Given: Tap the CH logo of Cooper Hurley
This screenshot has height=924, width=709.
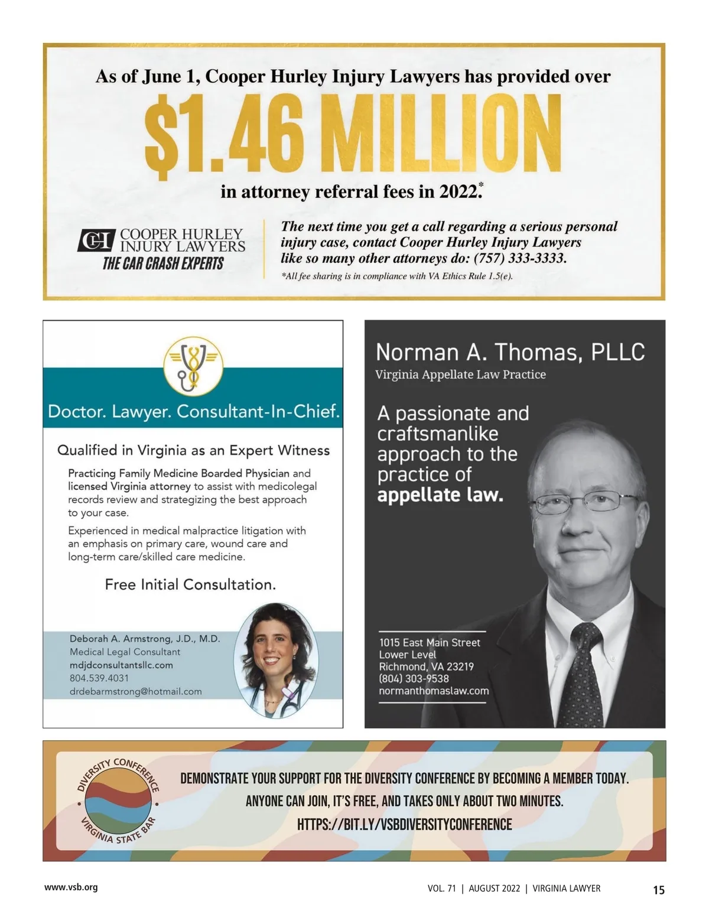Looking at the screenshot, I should (95, 240).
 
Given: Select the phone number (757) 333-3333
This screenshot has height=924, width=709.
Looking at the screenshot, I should (520, 258).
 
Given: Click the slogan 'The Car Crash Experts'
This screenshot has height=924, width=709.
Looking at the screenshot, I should (163, 263).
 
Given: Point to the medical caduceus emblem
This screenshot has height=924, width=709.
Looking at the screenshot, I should (193, 366).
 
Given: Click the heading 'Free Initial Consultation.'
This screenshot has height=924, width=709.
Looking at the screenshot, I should (190, 584).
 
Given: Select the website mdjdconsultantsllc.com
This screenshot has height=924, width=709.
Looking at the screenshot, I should (121, 665).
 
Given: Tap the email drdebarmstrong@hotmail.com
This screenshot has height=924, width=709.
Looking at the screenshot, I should (135, 691).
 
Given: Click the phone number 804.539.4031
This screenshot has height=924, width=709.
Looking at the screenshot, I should (99, 678).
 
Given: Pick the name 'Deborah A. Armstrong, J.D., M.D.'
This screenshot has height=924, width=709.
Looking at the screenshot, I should (145, 639).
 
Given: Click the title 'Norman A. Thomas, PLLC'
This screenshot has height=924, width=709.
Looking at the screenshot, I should (510, 352).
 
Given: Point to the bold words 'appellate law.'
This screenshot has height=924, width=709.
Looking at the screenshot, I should (440, 494).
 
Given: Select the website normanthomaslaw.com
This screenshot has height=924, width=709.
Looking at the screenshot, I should (434, 691).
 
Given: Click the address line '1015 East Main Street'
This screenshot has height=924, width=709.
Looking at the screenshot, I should (430, 642).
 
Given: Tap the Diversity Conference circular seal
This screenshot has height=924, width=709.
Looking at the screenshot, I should (118, 801).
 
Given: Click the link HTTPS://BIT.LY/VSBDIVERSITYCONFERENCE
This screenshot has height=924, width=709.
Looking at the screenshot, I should (404, 824).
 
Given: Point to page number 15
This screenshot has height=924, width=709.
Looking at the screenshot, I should (659, 890).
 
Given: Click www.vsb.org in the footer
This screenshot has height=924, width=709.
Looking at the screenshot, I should (71, 887).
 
